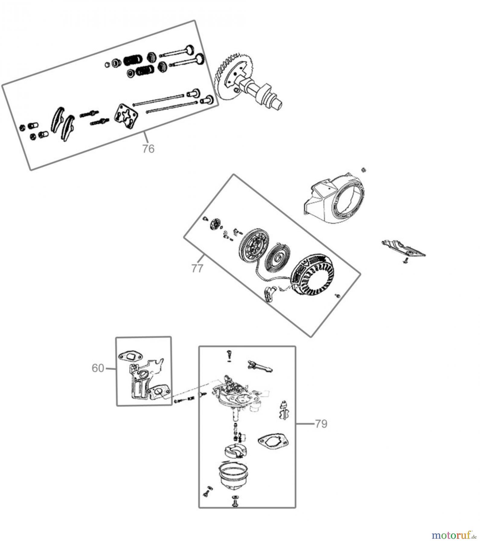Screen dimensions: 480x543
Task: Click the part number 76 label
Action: (148, 149)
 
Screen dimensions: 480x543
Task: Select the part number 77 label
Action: (197, 268)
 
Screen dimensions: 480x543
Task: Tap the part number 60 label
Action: (98, 368)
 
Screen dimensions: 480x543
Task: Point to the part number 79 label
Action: (321, 424)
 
